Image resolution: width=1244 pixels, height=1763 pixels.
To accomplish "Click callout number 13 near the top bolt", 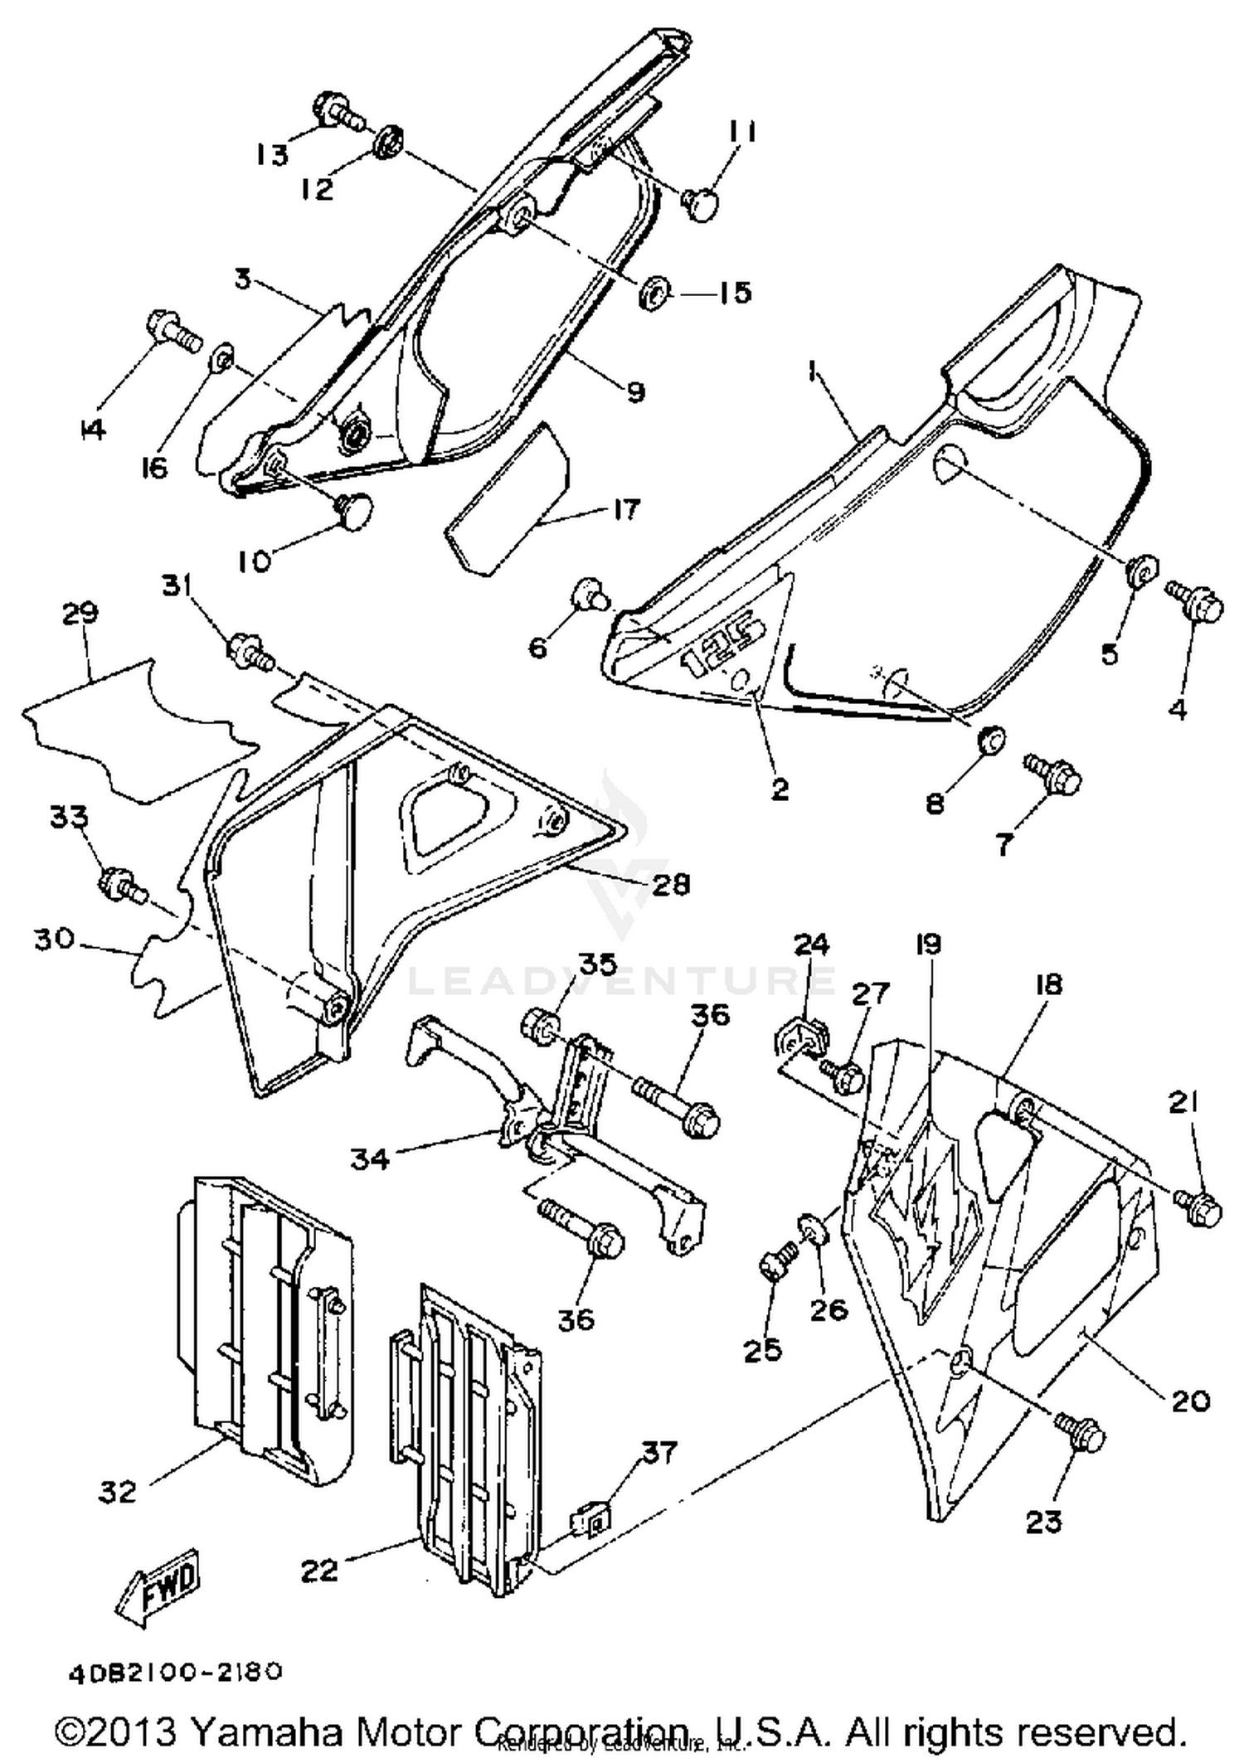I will click(x=271, y=153).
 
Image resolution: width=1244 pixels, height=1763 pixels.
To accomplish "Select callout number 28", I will click(x=670, y=885).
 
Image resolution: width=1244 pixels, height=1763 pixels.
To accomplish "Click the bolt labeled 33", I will click(x=121, y=886).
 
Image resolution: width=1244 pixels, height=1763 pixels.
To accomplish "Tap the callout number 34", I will click(x=369, y=1158).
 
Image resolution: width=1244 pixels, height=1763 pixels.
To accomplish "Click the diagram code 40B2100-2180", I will click(x=176, y=1673).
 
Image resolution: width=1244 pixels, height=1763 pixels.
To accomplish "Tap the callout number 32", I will click(x=117, y=1491).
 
